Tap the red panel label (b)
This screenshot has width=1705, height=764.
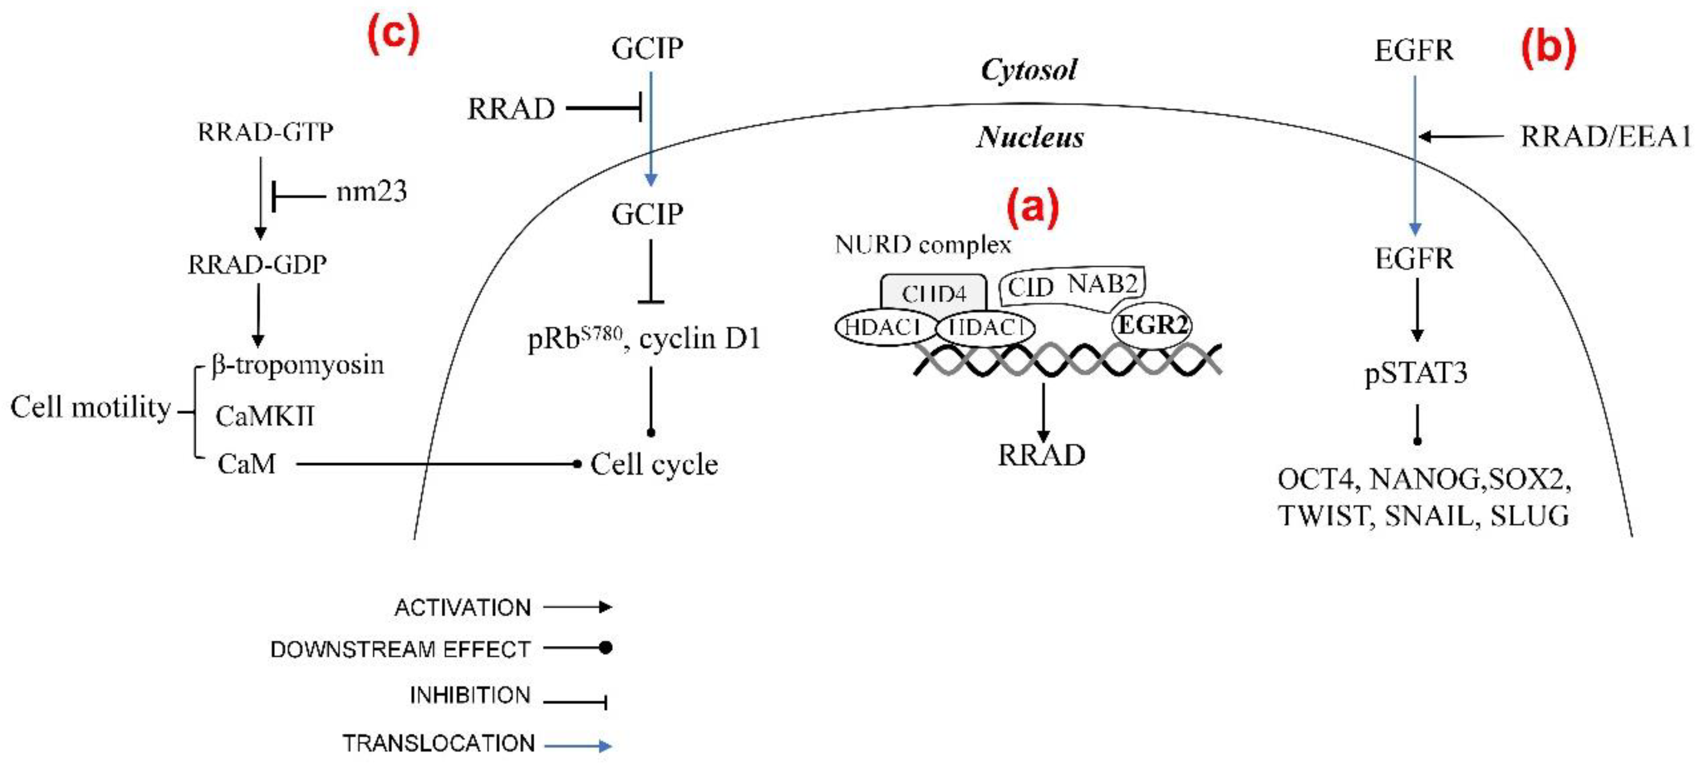click(x=1548, y=48)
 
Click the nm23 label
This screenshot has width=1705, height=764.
click(x=372, y=192)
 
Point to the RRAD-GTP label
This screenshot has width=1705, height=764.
click(x=265, y=133)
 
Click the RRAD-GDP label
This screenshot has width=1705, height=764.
click(x=257, y=265)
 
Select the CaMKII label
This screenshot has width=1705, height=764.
click(x=265, y=416)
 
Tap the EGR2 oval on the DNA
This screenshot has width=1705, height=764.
click(x=1152, y=324)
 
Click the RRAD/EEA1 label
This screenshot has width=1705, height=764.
click(x=1605, y=137)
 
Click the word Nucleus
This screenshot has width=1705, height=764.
click(x=1030, y=137)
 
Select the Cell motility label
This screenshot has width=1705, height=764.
click(x=91, y=407)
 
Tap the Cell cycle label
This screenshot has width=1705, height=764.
click(x=654, y=464)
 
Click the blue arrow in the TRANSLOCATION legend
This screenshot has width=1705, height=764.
click(x=577, y=746)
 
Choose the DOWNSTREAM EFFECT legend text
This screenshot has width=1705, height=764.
click(x=400, y=649)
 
